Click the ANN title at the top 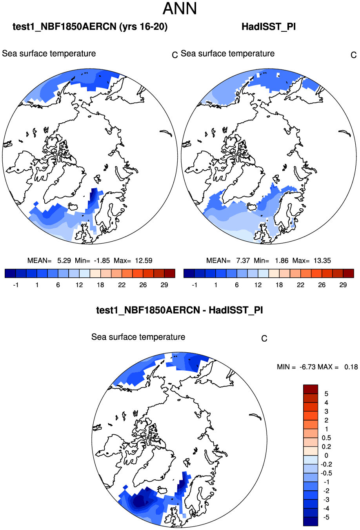(x=180, y=9)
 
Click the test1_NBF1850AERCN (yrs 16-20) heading (x=90, y=27)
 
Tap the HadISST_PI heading (x=269, y=27)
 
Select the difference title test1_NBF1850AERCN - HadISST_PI (x=180, y=310)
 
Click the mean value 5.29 (x=64, y=260)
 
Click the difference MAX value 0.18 (x=351, y=367)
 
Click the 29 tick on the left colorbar (x=164, y=285)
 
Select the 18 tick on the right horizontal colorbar (x=279, y=285)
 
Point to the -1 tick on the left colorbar (x=16, y=285)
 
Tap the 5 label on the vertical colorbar (x=326, y=394)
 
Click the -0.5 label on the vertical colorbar (x=326, y=473)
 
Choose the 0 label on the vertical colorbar (x=326, y=455)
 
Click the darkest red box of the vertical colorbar (x=311, y=389)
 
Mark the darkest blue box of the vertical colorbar (x=311, y=521)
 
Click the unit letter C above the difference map (x=264, y=339)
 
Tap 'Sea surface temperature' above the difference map (x=138, y=337)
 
